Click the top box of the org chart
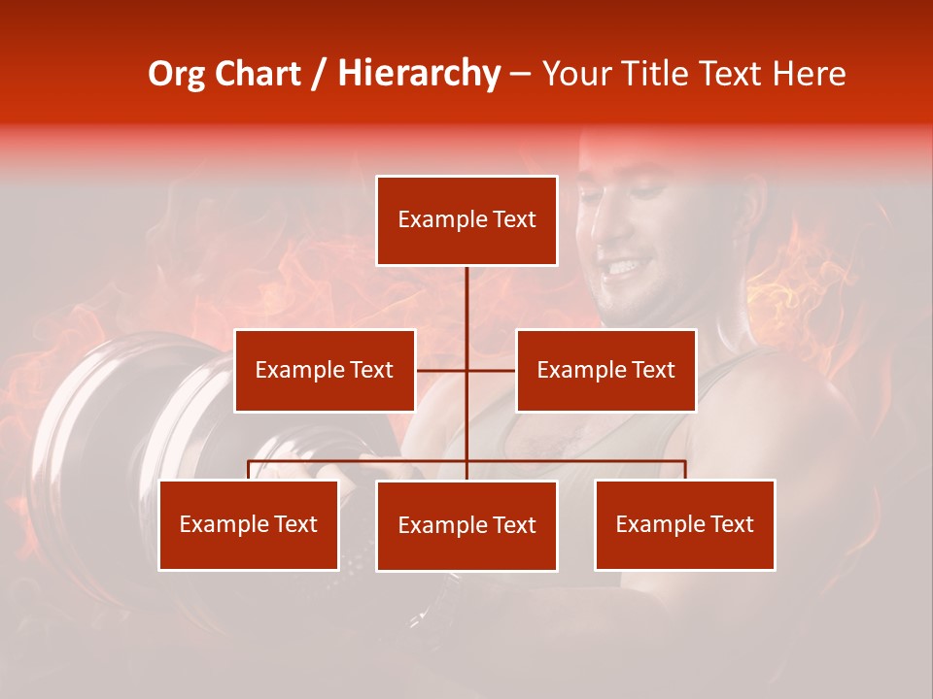click(x=466, y=220)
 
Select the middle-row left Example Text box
click(x=325, y=371)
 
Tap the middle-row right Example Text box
click(x=605, y=371)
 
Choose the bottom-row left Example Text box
click(x=249, y=525)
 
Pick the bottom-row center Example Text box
click(x=466, y=526)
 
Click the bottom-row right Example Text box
click(x=684, y=525)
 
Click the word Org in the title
click(x=176, y=74)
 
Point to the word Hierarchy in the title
click(x=419, y=74)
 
